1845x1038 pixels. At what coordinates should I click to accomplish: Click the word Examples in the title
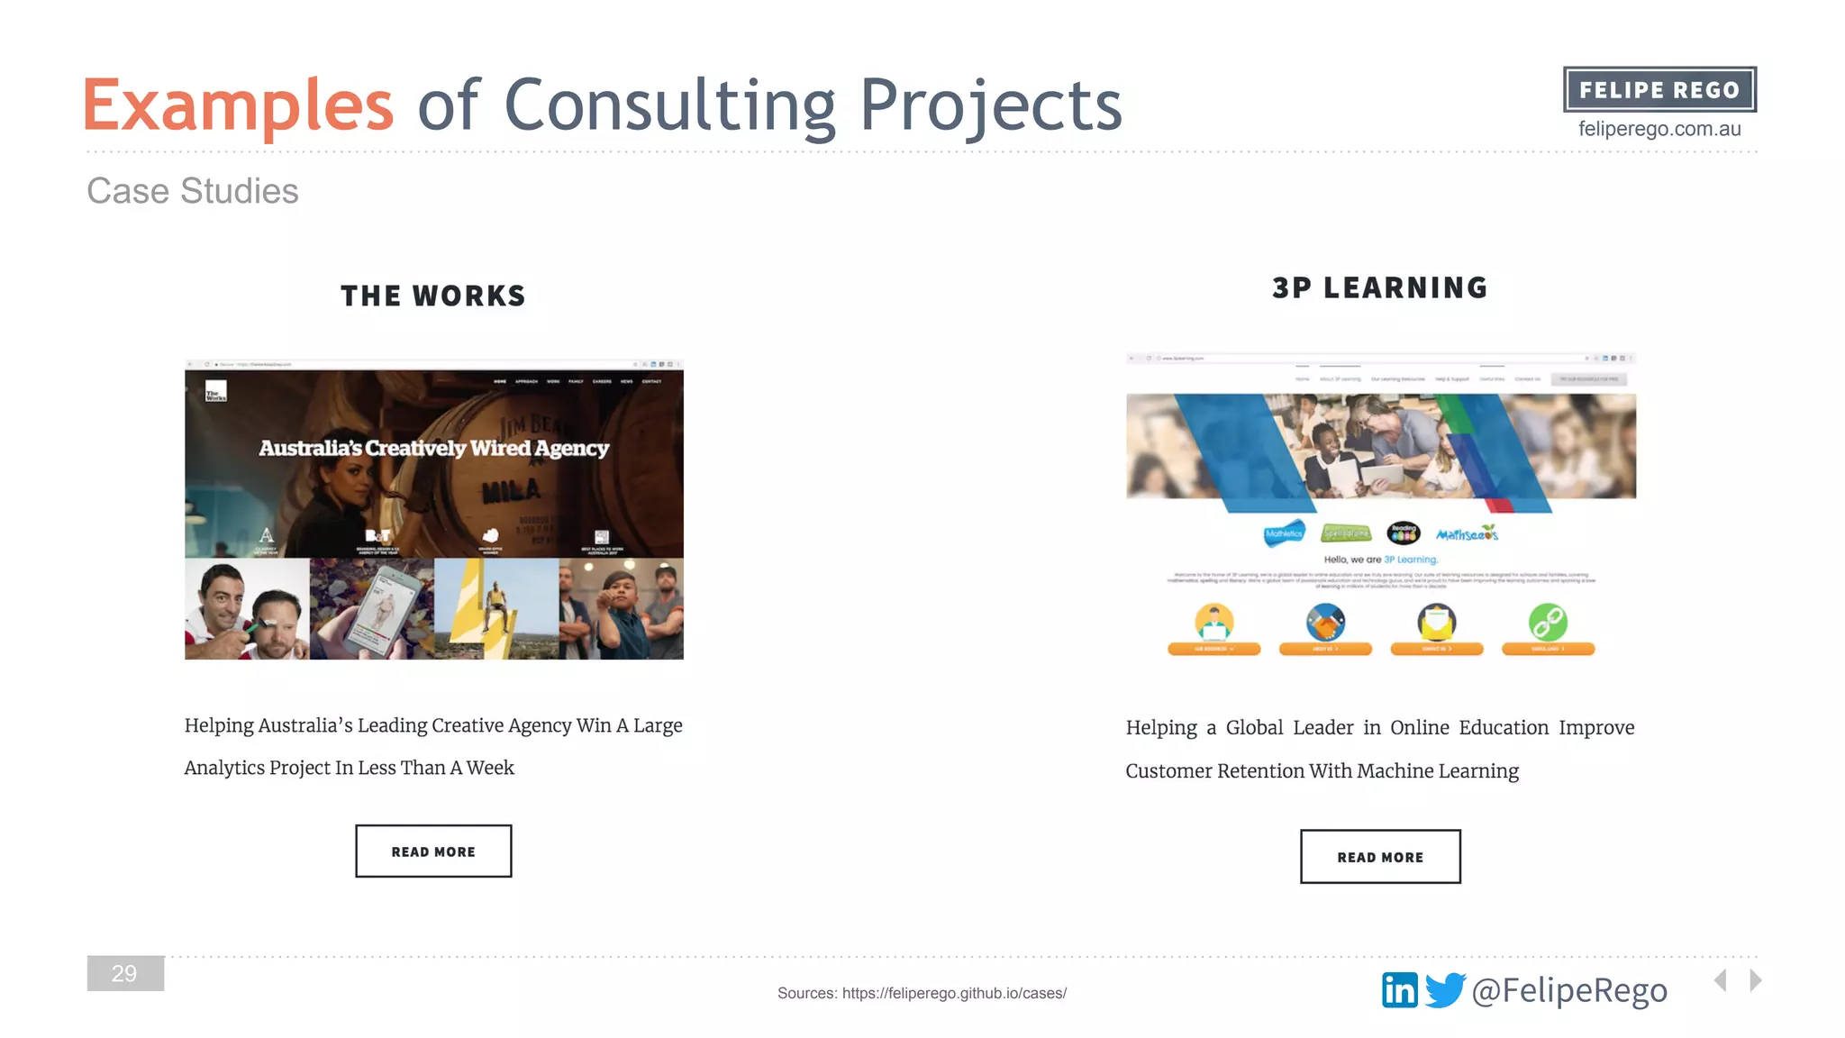[x=238, y=106]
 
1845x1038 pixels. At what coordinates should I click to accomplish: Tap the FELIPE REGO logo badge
[x=1659, y=90]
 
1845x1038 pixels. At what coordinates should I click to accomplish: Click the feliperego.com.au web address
[x=1659, y=129]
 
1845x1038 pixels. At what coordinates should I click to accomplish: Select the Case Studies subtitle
[x=192, y=191]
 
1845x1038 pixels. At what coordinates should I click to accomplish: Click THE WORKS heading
[x=432, y=296]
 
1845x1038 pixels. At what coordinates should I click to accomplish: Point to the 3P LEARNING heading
[x=1380, y=287]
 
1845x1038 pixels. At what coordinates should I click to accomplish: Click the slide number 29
[x=125, y=973]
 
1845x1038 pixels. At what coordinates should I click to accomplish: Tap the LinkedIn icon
[x=1399, y=990]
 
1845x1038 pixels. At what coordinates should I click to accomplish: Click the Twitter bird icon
[x=1445, y=990]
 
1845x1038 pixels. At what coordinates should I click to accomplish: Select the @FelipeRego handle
[x=1569, y=990]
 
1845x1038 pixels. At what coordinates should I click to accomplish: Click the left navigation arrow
[x=1721, y=979]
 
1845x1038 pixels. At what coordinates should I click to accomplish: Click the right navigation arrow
[x=1755, y=979]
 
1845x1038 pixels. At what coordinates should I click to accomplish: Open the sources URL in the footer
[x=954, y=993]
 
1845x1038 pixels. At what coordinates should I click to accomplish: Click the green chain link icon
[x=1548, y=622]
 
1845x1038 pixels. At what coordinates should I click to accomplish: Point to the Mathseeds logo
[x=1467, y=534]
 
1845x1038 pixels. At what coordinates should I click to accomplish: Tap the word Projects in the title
[x=991, y=106]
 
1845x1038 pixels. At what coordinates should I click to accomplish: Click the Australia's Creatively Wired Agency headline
[x=433, y=448]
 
